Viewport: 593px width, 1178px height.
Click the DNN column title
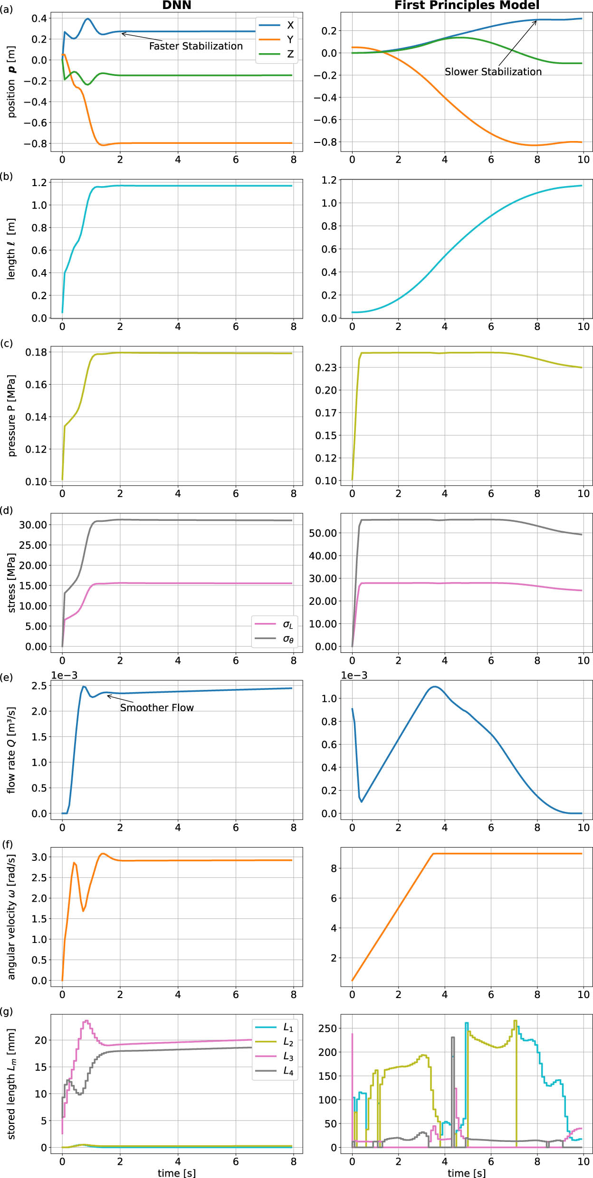[177, 5]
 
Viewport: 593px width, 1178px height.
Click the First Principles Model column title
[467, 5]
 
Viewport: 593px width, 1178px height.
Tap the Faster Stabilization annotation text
[196, 46]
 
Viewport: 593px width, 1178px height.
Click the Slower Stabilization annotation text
[493, 72]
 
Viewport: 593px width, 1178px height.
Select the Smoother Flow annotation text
[157, 707]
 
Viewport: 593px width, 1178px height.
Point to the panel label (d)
[7, 510]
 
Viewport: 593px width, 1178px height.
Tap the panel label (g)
[7, 1011]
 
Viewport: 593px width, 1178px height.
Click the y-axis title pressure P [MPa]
[12, 416]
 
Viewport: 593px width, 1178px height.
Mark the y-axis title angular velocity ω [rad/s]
[12, 917]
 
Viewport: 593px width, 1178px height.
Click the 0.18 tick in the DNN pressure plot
[36, 352]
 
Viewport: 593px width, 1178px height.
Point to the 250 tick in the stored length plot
[327, 1028]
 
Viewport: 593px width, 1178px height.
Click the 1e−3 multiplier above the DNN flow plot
[64, 675]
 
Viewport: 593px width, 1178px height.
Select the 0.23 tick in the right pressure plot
[325, 368]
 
